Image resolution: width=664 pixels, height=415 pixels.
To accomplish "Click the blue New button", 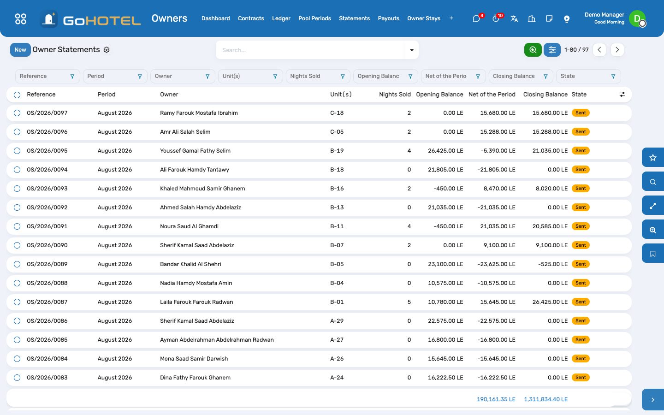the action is [20, 50].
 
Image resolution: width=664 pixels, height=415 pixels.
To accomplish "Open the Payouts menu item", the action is [388, 18].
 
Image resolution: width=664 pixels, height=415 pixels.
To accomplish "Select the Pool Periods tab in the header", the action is [314, 18].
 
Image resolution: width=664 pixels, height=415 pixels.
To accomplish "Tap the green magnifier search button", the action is [533, 50].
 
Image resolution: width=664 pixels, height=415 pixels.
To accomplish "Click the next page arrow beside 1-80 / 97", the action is [617, 50].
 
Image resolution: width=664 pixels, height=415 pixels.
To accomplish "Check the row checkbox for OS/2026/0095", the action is [17, 151].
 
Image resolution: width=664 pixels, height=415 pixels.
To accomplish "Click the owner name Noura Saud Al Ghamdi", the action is [189, 226].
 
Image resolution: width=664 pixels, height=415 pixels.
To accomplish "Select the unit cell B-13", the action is [337, 207].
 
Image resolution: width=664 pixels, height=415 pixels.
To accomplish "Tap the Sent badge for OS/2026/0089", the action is [581, 264].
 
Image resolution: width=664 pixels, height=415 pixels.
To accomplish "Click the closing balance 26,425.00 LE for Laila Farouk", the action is [550, 302].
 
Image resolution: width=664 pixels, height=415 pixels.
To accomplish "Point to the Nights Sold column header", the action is [395, 95].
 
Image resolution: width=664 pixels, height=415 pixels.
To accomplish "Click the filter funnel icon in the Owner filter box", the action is [207, 77].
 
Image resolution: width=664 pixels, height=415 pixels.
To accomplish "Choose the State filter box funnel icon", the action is [613, 77].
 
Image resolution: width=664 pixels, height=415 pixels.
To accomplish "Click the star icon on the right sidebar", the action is [653, 158].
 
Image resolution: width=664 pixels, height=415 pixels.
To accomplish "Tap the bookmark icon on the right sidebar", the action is [653, 254].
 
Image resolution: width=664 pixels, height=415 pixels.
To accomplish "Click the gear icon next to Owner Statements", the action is [107, 50].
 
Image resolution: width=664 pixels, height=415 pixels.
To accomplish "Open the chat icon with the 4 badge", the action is [476, 19].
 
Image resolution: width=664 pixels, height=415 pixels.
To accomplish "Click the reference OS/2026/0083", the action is [47, 378].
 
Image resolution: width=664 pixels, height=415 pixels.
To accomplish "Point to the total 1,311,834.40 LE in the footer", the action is [546, 399].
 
